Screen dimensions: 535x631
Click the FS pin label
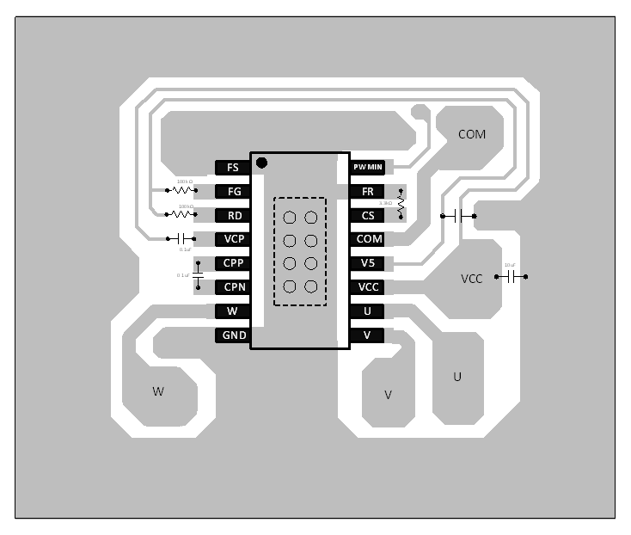click(233, 168)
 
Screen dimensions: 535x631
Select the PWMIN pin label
click(368, 167)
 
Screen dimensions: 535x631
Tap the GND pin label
click(234, 335)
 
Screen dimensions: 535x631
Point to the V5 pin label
click(368, 263)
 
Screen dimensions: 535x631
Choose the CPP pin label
click(233, 263)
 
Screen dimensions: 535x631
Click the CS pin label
click(368, 216)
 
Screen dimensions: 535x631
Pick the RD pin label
click(233, 216)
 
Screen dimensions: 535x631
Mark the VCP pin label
click(233, 239)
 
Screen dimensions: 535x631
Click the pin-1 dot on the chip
click(262, 162)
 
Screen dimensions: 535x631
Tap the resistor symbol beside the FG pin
click(182, 190)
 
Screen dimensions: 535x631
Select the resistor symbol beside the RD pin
click(181, 213)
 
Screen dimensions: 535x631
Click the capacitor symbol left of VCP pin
click(181, 237)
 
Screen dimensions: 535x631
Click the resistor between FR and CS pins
click(401, 200)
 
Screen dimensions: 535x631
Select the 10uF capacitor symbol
click(512, 277)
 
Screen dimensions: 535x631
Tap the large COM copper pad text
click(471, 135)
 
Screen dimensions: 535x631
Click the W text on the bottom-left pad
click(158, 392)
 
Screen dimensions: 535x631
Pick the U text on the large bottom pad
click(457, 377)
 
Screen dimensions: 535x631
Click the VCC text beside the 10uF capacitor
click(472, 279)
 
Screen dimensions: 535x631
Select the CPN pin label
click(233, 287)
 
